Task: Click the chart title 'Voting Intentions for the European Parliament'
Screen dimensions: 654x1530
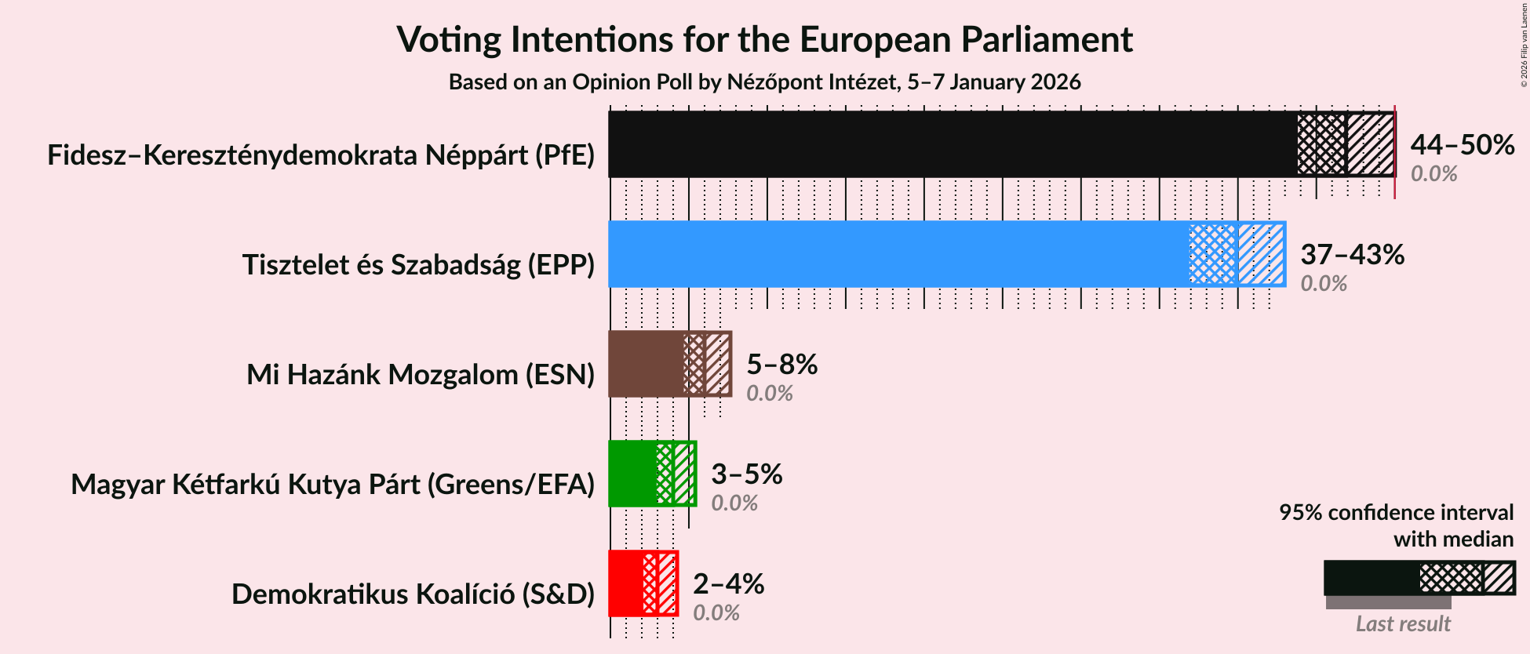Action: [x=764, y=39]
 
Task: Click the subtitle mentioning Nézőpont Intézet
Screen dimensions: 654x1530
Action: [x=764, y=82]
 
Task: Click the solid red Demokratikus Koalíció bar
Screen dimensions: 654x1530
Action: [x=625, y=583]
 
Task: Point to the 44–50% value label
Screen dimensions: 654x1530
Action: [x=1462, y=145]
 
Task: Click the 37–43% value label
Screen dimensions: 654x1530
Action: [x=1352, y=255]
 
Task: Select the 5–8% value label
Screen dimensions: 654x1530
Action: [x=781, y=365]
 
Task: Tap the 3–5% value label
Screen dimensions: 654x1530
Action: [x=746, y=474]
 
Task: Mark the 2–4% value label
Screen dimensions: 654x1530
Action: [x=728, y=584]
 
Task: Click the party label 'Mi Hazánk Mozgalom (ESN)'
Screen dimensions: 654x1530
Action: [x=421, y=375]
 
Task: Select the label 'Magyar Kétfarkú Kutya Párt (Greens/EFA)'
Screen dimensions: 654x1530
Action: [x=333, y=485]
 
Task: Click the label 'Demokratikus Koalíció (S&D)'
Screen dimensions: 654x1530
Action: [x=413, y=594]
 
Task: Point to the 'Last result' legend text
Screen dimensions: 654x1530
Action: [x=1403, y=624]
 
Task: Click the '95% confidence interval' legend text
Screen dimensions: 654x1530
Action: [x=1396, y=513]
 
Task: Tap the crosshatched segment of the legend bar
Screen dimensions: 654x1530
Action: [x=1451, y=579]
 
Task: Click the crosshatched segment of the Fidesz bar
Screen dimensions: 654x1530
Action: [x=1321, y=144]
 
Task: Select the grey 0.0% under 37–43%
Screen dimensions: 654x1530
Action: [x=1324, y=283]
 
